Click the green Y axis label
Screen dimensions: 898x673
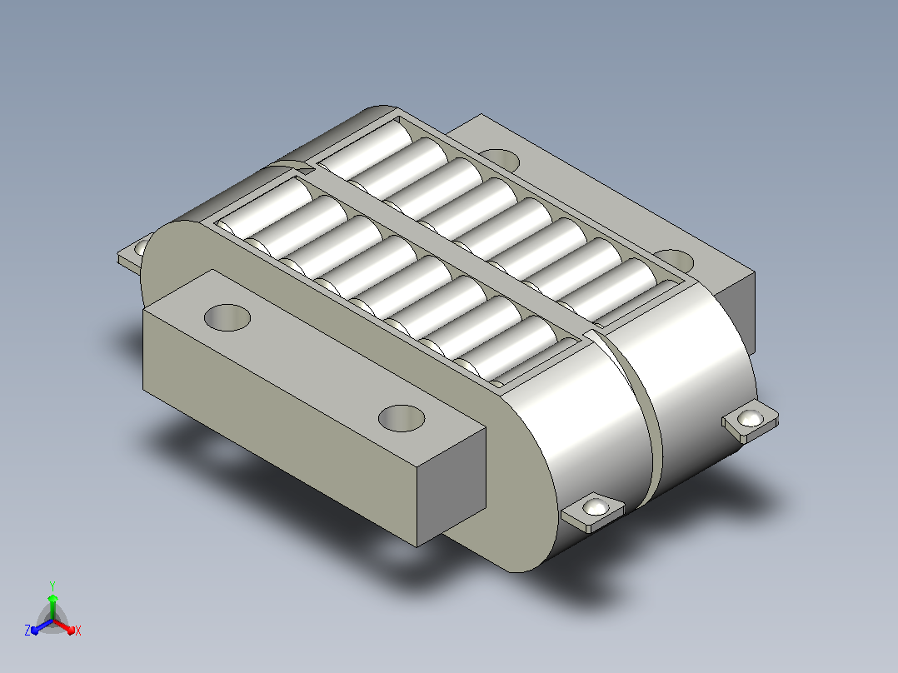click(x=52, y=586)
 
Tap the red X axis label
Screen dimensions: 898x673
click(x=78, y=631)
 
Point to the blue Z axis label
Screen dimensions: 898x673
click(x=27, y=631)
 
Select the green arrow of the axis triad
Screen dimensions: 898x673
click(x=52, y=606)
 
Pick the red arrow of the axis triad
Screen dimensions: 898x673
click(x=64, y=626)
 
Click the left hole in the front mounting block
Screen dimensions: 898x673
click(x=227, y=317)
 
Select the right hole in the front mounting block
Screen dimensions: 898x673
click(x=402, y=418)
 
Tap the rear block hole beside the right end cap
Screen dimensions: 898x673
click(x=676, y=261)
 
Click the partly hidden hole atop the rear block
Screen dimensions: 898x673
click(x=501, y=159)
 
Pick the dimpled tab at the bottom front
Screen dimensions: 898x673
click(x=593, y=511)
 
